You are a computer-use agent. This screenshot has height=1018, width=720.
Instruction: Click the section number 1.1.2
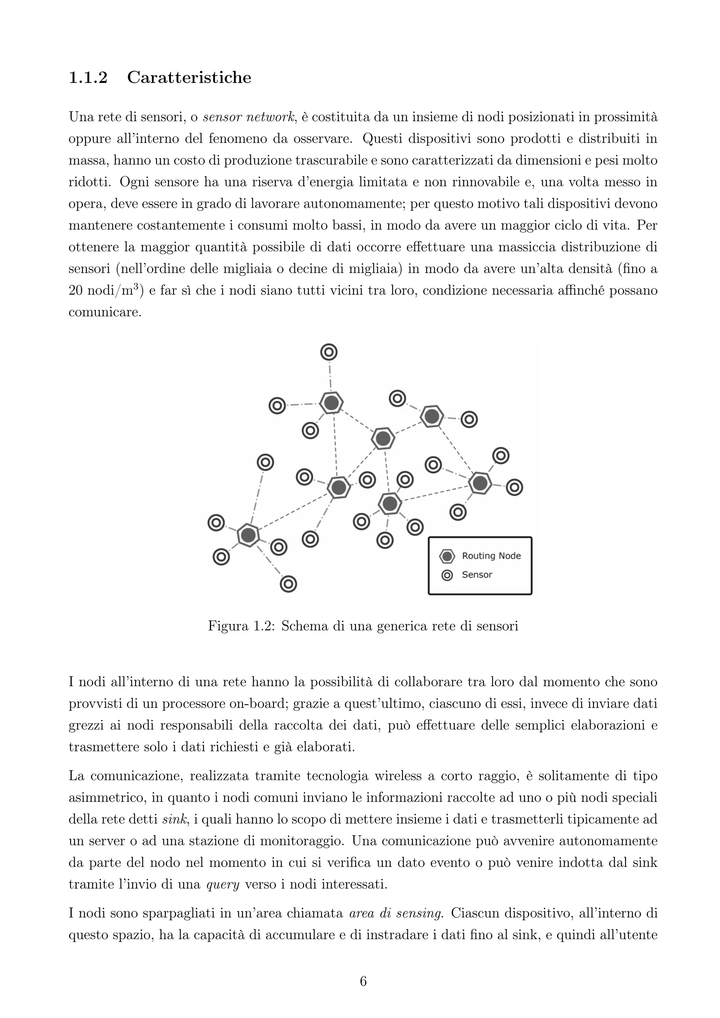[x=88, y=78]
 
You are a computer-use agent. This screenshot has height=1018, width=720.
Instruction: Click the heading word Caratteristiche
[x=189, y=78]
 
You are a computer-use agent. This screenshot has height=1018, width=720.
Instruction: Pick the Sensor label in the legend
[x=477, y=575]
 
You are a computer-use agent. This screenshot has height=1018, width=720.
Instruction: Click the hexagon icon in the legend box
[x=447, y=556]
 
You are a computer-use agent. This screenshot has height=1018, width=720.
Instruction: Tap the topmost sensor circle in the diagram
[x=329, y=353]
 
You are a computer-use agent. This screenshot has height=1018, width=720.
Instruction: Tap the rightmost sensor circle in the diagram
[x=514, y=487]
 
